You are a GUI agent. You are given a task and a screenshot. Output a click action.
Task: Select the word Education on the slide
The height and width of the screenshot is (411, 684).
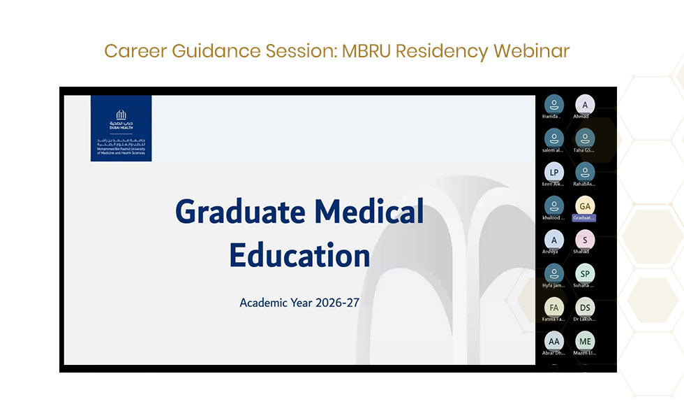(299, 255)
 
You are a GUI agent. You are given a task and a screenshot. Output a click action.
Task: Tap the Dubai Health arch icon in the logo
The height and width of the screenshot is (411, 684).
(121, 114)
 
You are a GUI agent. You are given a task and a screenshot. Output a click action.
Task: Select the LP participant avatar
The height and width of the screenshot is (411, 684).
(553, 172)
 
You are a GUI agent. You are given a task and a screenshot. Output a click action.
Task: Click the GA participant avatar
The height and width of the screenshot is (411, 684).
(584, 206)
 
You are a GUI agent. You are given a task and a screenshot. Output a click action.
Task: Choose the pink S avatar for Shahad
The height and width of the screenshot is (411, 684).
(584, 240)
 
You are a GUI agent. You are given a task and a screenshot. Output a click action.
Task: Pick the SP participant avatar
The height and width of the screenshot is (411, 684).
(584, 273)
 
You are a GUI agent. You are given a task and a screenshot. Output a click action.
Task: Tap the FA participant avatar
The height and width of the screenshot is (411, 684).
(553, 307)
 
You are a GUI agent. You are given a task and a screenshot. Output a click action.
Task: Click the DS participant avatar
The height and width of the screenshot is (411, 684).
(584, 307)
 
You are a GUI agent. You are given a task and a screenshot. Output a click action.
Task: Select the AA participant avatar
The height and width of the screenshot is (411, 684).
(553, 341)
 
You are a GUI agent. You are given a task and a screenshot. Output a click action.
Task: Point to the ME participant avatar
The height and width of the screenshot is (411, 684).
(584, 341)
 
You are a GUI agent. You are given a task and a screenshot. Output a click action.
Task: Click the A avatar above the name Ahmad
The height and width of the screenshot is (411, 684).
(584, 105)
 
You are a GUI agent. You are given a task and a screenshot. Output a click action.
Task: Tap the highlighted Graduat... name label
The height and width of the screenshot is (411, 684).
(584, 218)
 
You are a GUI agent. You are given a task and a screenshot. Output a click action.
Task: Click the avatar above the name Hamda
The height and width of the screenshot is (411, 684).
(553, 105)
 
